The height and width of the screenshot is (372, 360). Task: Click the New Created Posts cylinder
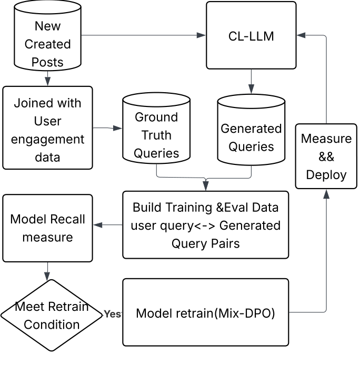coord(47,44)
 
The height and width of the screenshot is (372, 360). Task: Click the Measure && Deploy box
coord(326,156)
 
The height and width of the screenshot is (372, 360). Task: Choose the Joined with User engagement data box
coord(47,128)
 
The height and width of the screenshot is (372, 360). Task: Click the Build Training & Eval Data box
coord(206,225)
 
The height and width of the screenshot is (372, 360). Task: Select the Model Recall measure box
coord(47,228)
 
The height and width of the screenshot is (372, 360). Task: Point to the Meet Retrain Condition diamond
coord(51,315)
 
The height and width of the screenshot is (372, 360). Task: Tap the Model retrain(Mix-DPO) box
coord(206,312)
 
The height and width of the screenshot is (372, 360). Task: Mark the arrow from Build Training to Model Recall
coord(108,225)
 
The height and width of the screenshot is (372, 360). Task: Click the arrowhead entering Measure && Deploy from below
coord(326,194)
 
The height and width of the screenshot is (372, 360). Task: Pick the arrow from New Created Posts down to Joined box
coord(47,78)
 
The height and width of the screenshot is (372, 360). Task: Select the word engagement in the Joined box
coord(47,140)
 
